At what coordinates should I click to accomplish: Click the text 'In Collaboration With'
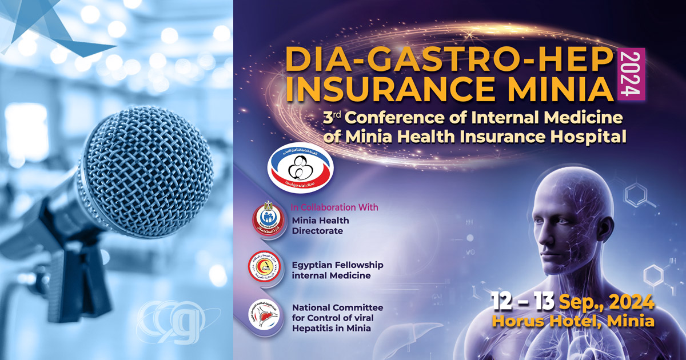[335, 207]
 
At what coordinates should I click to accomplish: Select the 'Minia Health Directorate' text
[320, 226]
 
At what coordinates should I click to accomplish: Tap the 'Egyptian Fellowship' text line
[337, 265]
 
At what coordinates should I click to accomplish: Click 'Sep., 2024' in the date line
[607, 303]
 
